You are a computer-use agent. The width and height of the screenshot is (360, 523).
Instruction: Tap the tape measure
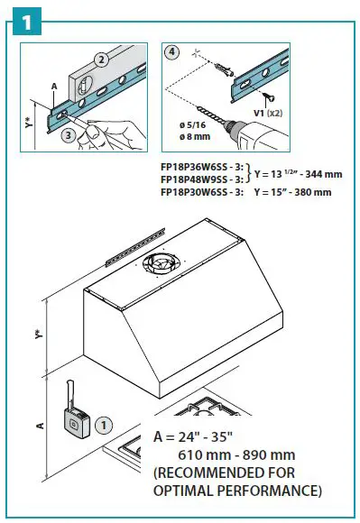tap(74, 416)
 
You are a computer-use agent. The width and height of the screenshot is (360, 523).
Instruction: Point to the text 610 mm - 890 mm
tap(238, 455)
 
